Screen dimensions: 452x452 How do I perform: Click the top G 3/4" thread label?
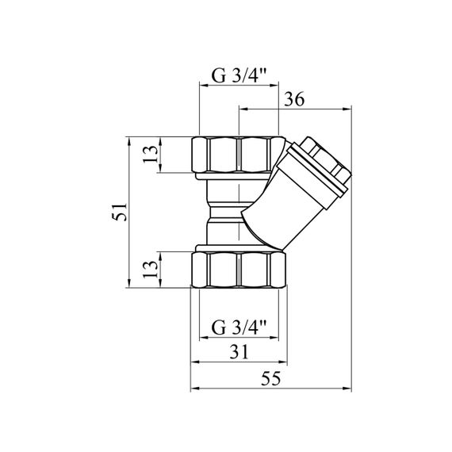click(239, 75)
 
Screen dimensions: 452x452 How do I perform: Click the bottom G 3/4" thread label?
click(239, 328)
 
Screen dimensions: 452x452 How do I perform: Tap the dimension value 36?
click(294, 99)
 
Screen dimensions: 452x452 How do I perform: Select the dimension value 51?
click(119, 212)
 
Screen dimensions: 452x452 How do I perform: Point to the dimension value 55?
click(270, 378)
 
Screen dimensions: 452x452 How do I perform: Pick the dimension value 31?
click(239, 351)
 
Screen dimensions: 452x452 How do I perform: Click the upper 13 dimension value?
click(151, 154)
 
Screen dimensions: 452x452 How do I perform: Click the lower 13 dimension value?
click(151, 270)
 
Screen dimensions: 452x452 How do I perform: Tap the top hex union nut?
click(237, 155)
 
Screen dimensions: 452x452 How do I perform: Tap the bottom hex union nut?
click(239, 270)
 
